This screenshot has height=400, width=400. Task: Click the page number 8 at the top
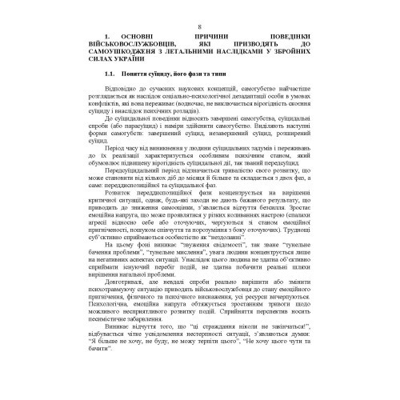[199, 28]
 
